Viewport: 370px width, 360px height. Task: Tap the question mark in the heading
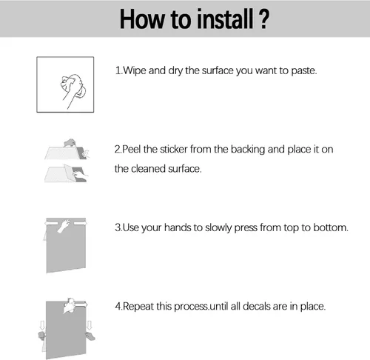[263, 19]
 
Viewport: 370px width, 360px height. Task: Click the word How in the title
[141, 19]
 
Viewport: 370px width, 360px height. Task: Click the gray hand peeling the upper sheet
[70, 143]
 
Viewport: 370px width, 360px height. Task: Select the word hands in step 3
[178, 227]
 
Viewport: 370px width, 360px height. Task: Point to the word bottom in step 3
[330, 227]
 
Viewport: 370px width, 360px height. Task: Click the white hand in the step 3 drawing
[64, 226]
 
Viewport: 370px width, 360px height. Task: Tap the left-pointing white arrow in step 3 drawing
[51, 224]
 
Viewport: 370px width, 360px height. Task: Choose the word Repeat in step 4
[138, 307]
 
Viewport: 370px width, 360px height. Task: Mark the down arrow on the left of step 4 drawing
[42, 325]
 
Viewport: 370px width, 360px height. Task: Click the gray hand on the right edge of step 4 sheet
[90, 336]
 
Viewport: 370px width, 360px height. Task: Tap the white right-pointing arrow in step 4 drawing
[81, 304]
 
